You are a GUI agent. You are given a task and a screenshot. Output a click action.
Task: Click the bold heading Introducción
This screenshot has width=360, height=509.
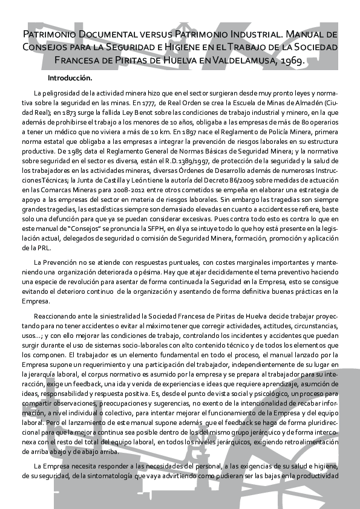point(70,79)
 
